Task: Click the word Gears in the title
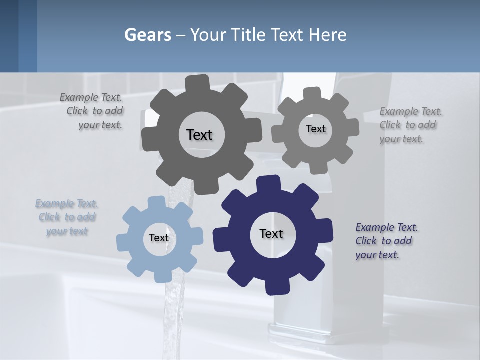[148, 35]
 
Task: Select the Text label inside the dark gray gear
[199, 135]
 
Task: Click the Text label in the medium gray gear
[315, 129]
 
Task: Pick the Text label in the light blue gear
[159, 238]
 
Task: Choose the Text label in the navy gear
[271, 233]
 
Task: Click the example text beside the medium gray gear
[410, 125]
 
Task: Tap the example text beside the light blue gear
[67, 217]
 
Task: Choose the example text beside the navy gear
[386, 241]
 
